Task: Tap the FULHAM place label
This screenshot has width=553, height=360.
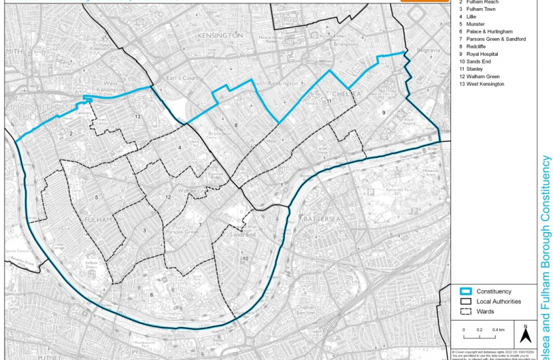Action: (99, 219)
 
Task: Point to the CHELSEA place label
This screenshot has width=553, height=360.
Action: (347, 94)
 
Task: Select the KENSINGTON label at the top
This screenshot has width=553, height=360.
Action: (219, 34)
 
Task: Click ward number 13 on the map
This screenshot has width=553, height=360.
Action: (137, 117)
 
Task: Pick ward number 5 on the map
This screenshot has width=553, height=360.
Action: (97, 197)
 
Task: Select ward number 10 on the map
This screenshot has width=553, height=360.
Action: (245, 258)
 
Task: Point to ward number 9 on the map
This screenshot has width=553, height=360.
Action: (384, 113)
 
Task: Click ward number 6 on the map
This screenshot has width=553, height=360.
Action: (151, 294)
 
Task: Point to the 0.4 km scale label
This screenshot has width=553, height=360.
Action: (498, 330)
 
